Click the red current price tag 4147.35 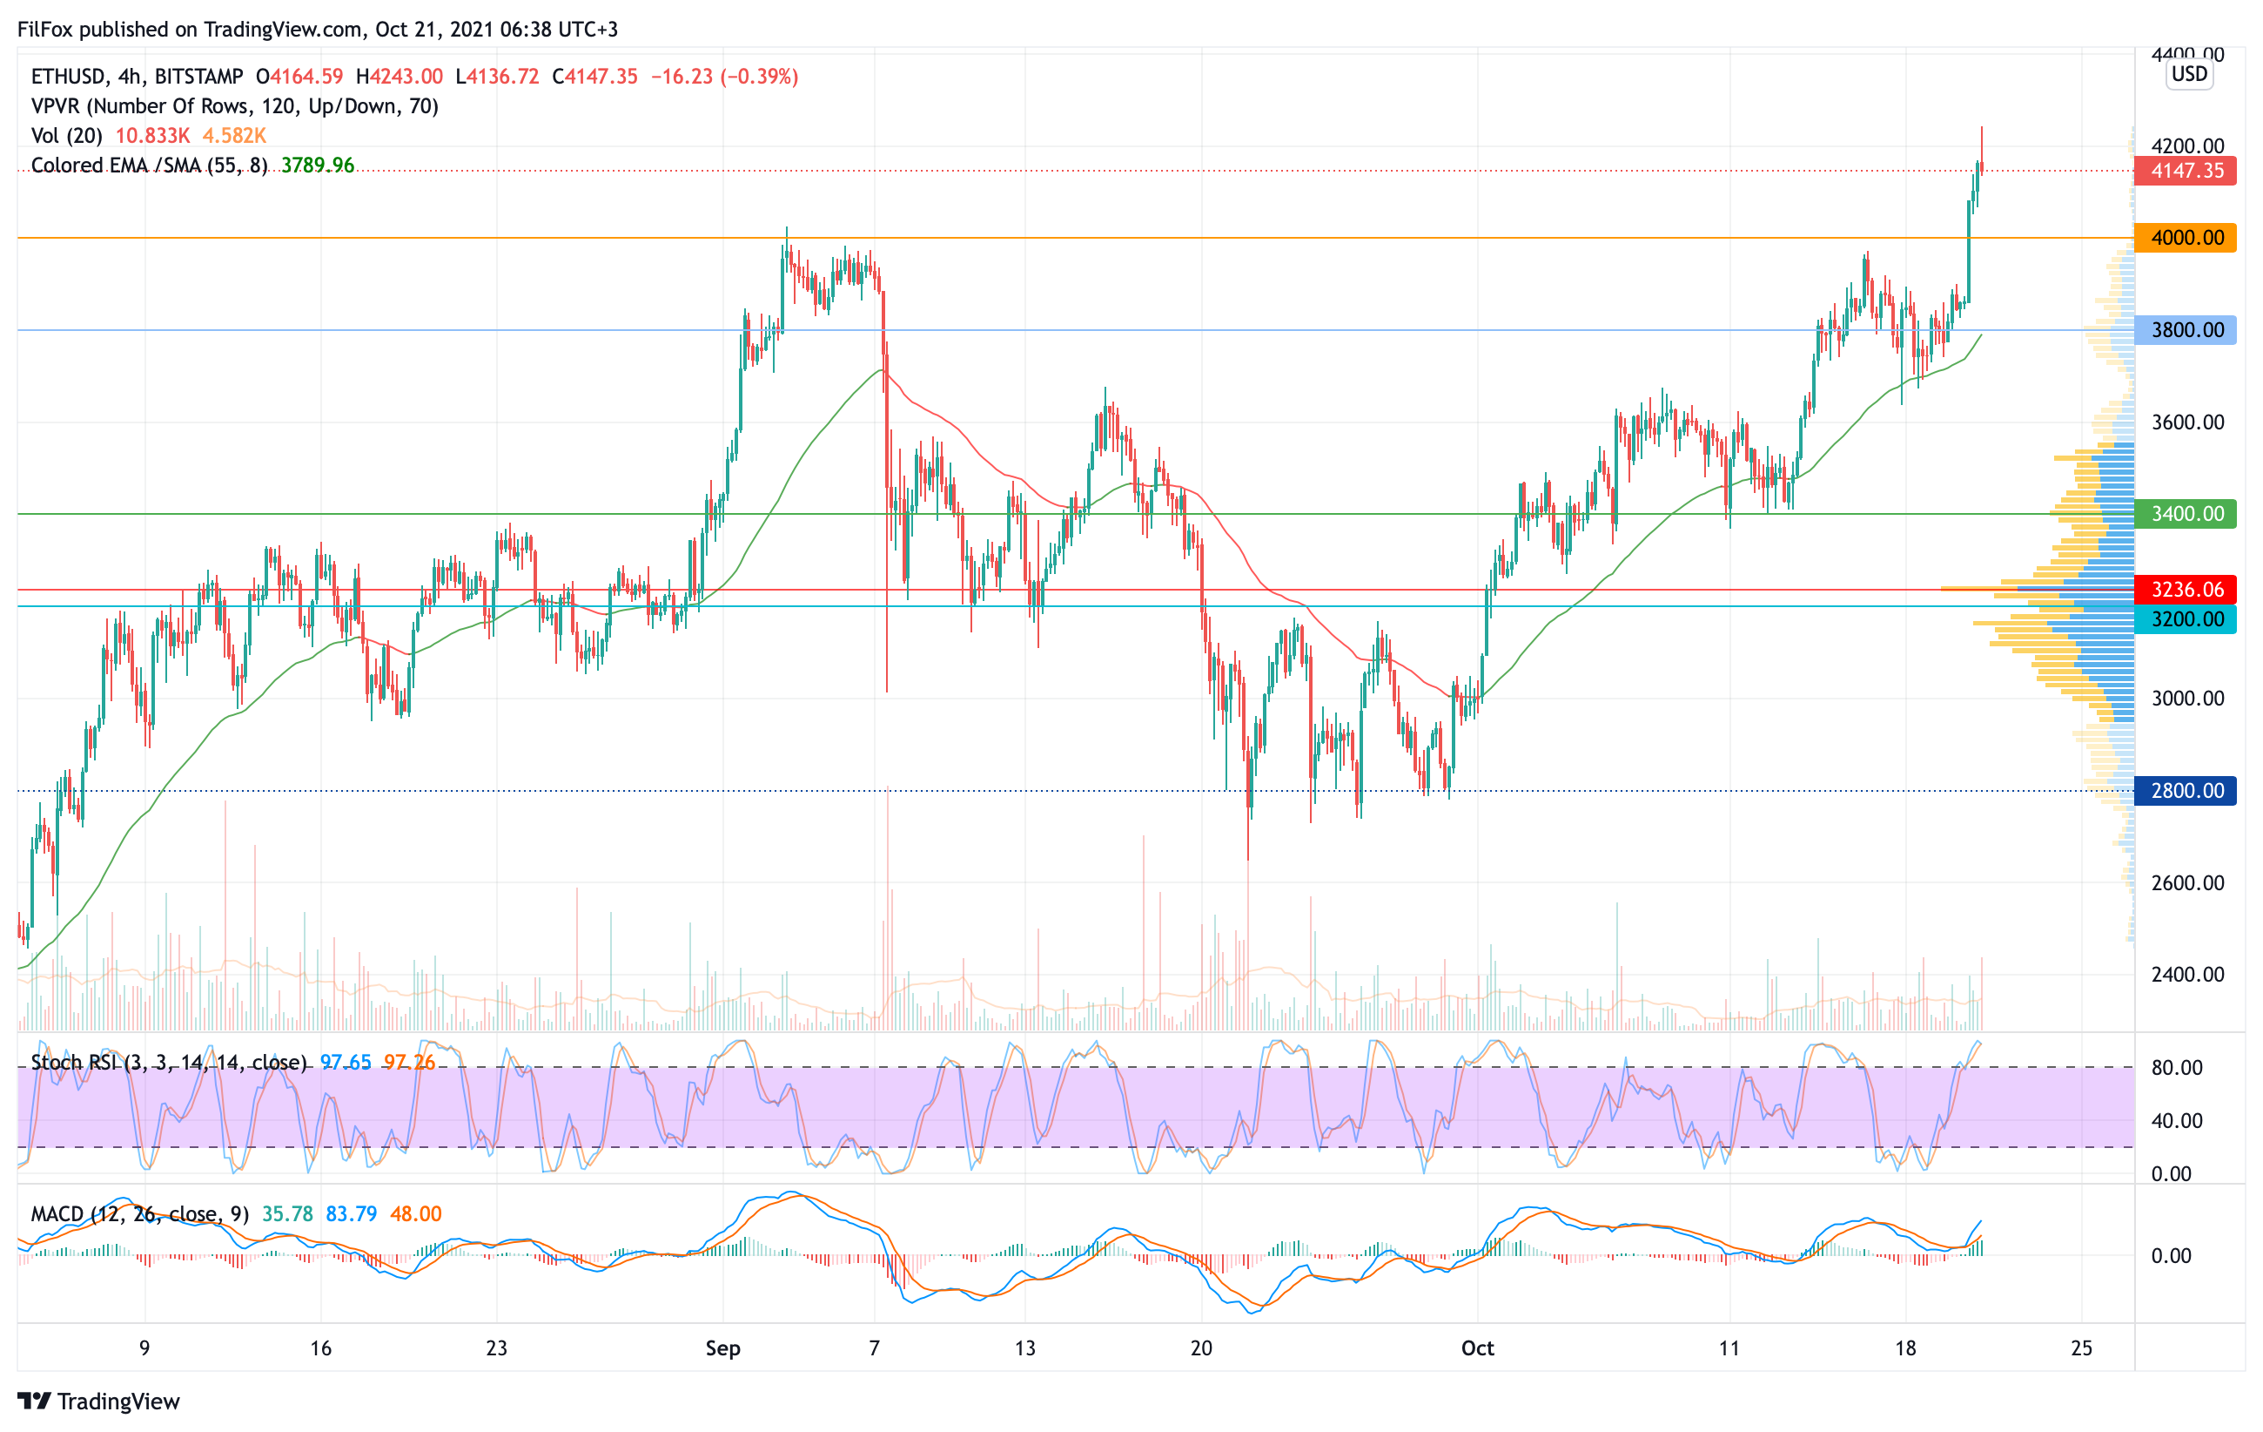pos(2186,171)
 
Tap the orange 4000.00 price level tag pos(2186,238)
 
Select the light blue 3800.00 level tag pos(2186,330)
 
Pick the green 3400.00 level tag pos(2186,513)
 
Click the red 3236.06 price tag pos(2186,590)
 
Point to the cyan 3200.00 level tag pos(2186,618)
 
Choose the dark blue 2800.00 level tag pos(2186,791)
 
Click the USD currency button pos(2189,74)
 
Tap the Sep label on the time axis pos(722,1348)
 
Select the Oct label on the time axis pos(1477,1348)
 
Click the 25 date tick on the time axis pos(2082,1348)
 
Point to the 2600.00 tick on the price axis pos(2188,883)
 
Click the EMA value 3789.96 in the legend pos(318,165)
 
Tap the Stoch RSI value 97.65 pos(346,1063)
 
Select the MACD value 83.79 pos(351,1214)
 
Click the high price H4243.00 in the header pos(400,76)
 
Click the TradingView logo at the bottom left pos(98,1401)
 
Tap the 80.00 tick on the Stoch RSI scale pos(2177,1068)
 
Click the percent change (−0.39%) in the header pos(759,76)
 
